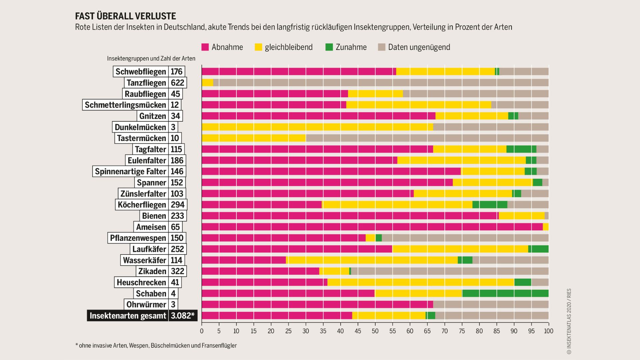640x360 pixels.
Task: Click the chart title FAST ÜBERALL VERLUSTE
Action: click(x=125, y=16)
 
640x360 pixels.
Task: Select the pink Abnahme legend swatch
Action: click(x=205, y=47)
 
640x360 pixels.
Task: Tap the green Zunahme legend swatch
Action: click(x=329, y=47)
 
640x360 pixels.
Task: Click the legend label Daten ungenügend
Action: click(x=419, y=47)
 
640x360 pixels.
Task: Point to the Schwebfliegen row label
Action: click(x=141, y=72)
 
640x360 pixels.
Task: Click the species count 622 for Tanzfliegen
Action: click(x=177, y=83)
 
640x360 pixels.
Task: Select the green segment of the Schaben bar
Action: click(x=505, y=293)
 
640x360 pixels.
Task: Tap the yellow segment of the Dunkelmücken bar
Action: click(x=317, y=127)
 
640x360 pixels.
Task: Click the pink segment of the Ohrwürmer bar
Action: click(x=317, y=304)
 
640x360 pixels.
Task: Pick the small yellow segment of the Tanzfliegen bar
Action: click(x=207, y=83)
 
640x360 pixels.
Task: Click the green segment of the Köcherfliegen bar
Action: click(x=490, y=205)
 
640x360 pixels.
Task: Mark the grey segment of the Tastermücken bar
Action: click(x=427, y=138)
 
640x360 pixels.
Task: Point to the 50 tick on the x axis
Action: click(x=375, y=331)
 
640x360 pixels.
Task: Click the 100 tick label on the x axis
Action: click(x=548, y=331)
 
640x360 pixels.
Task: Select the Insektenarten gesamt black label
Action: click(x=128, y=316)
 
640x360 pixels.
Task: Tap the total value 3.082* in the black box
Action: click(x=183, y=316)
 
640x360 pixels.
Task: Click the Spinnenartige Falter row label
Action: click(x=130, y=171)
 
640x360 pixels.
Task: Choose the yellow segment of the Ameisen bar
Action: click(x=546, y=227)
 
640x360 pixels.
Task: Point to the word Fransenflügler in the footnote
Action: click(x=219, y=346)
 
